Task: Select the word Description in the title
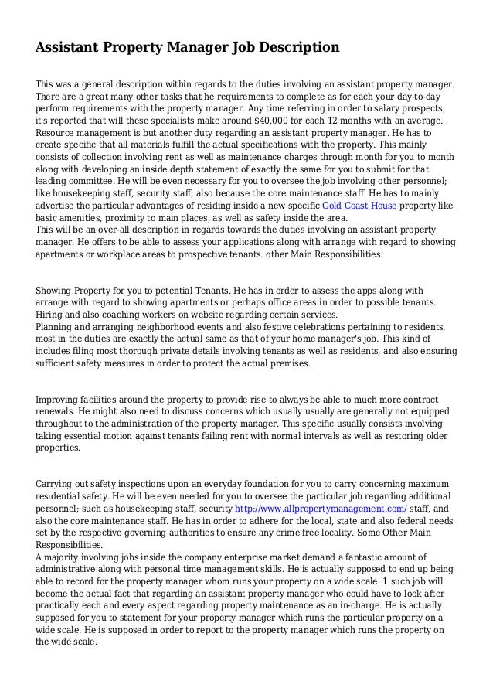(300, 48)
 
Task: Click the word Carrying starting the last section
(57, 483)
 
